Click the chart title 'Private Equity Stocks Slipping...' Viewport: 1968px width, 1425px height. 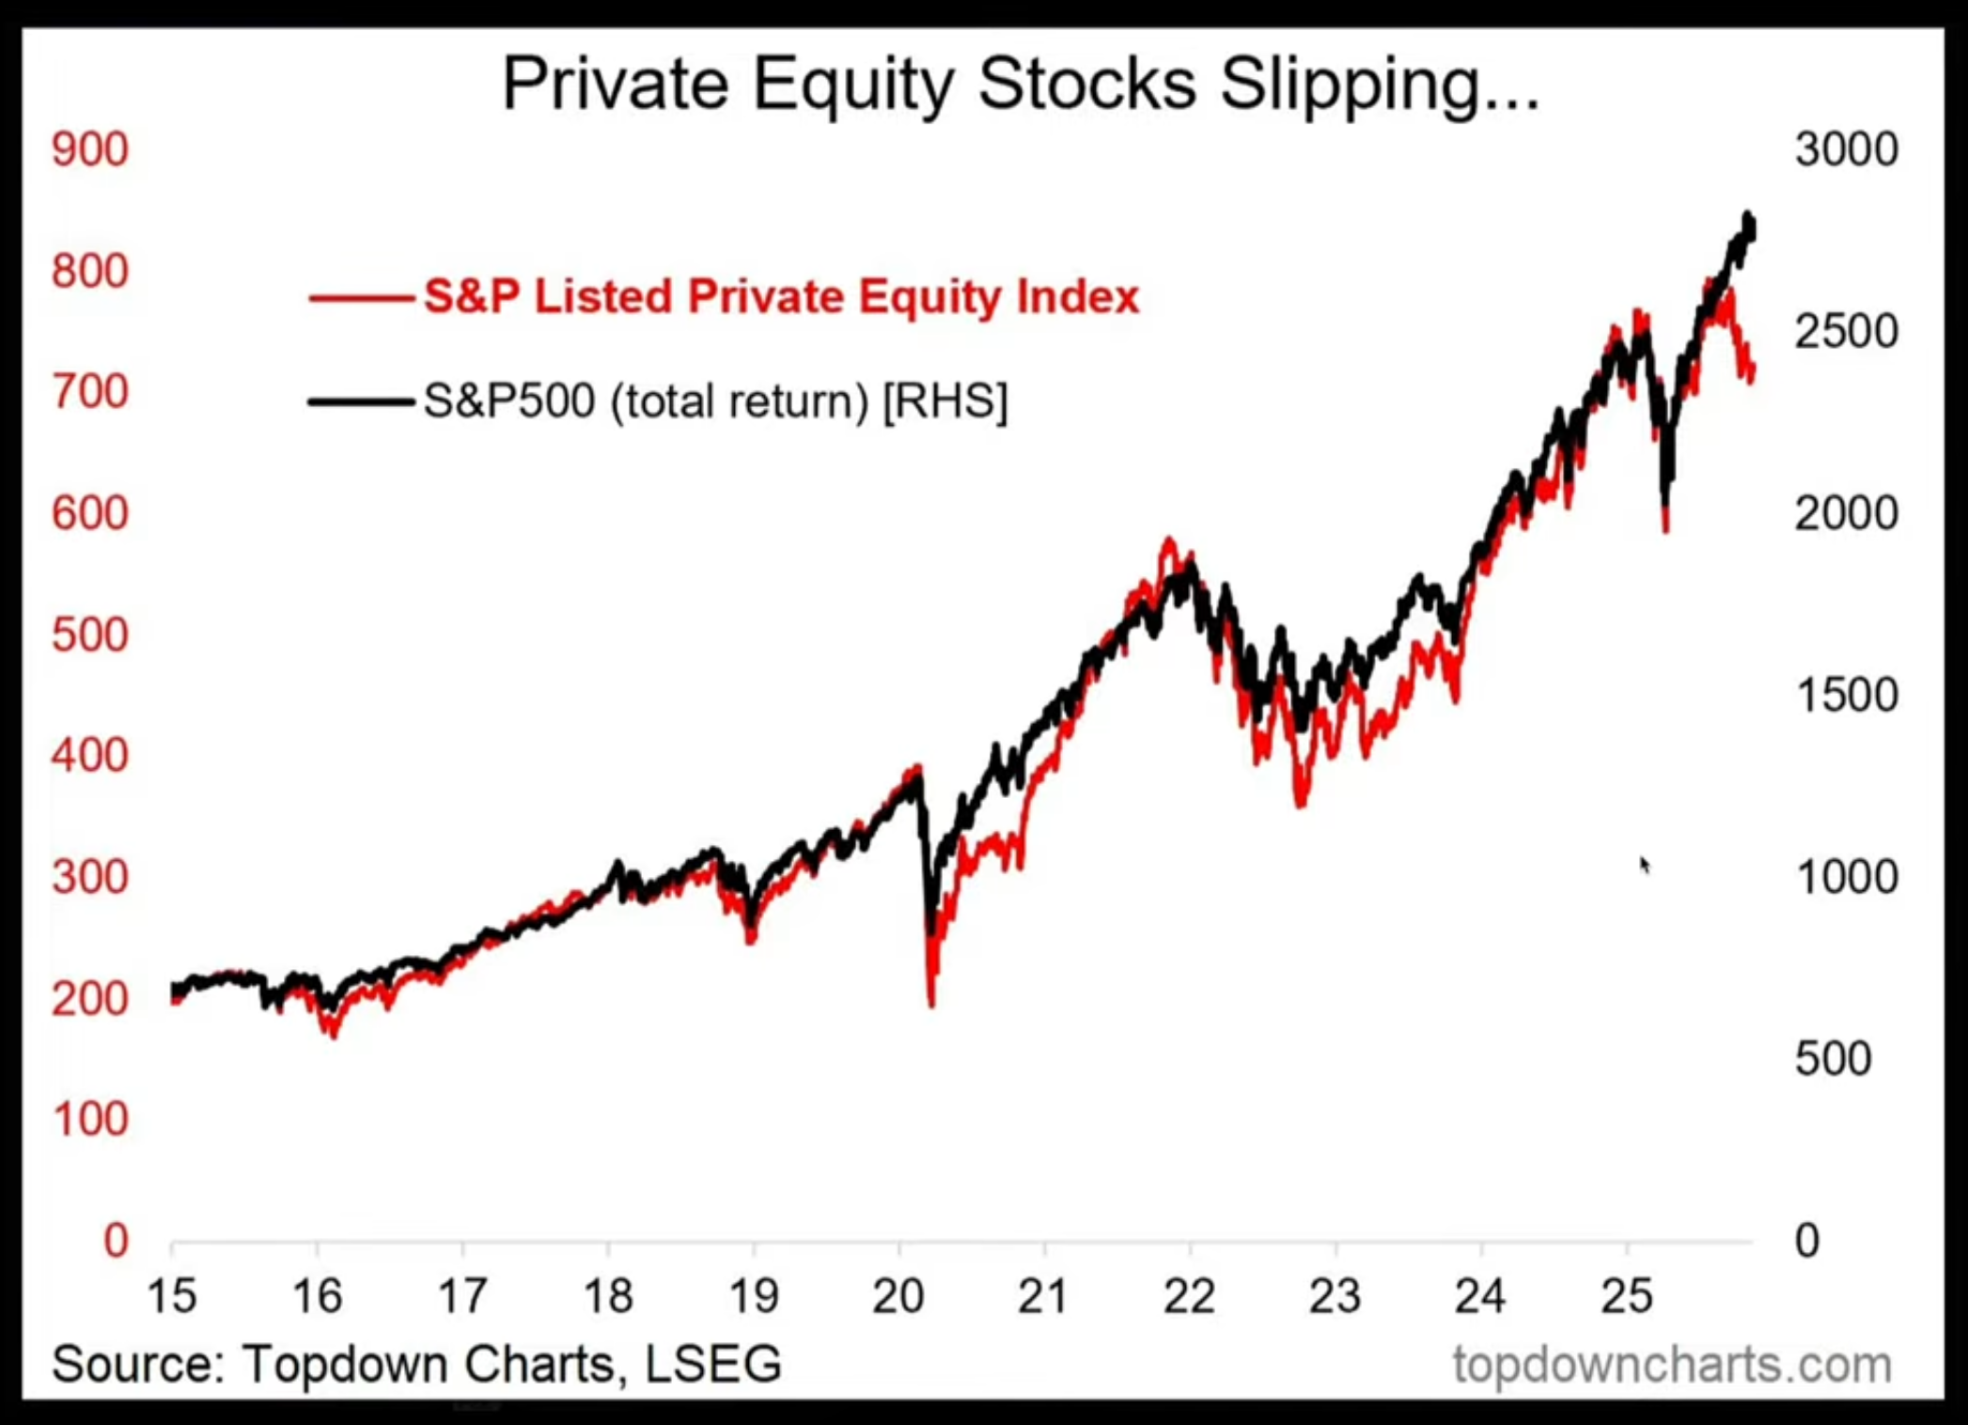pos(1021,85)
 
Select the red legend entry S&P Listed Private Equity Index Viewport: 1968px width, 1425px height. pos(780,297)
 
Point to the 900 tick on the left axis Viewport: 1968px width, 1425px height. pos(90,150)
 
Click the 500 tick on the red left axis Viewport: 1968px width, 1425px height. pos(90,635)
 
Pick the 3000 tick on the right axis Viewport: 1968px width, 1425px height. pos(1846,150)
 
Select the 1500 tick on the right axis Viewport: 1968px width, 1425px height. pos(1846,696)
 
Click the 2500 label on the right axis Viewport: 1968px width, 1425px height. pos(1846,332)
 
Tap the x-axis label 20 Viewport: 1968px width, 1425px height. pos(898,1297)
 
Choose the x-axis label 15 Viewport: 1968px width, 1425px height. pos(172,1297)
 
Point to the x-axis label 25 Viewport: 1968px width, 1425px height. pos(1626,1297)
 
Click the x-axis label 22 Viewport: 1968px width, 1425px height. pos(1189,1297)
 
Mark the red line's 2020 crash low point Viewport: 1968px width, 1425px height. pos(931,1004)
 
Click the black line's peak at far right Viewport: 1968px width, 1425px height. pos(1748,217)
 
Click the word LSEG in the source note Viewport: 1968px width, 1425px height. pos(712,1364)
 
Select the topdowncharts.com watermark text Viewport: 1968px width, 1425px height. pos(1672,1364)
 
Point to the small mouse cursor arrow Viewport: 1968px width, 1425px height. pos(1644,864)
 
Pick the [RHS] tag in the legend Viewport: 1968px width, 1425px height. pos(945,401)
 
